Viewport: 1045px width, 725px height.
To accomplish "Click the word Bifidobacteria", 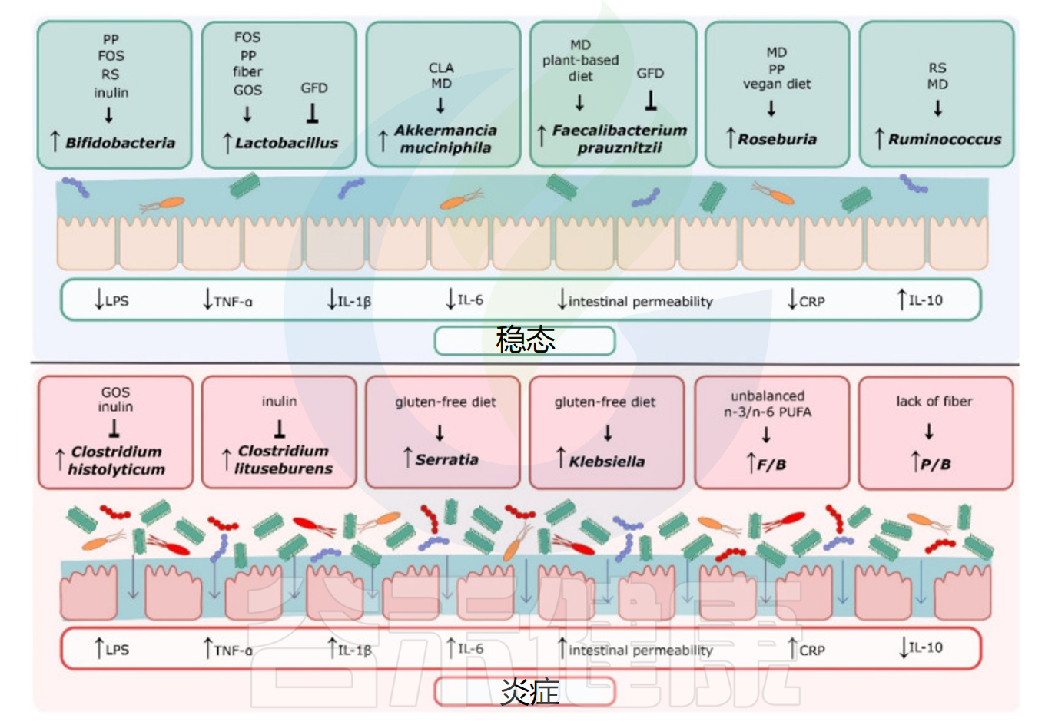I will tap(120, 143).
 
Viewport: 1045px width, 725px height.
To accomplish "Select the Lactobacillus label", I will tap(286, 143).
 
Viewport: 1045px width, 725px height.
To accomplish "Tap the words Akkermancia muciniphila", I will tap(445, 139).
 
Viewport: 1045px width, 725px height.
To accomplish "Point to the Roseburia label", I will tap(777, 139).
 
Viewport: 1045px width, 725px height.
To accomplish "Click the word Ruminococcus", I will tap(944, 139).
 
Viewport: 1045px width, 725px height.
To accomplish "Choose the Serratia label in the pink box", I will tap(446, 459).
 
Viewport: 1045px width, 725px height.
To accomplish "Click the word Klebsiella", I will tap(606, 461).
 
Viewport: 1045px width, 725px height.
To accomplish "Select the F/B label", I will tap(771, 464).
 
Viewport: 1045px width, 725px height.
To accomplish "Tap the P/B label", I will tap(935, 464).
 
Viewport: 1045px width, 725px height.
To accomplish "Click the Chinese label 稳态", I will tap(526, 339).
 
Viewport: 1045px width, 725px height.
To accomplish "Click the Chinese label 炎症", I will tap(529, 691).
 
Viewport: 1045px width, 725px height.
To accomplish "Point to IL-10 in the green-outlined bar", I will tap(925, 300).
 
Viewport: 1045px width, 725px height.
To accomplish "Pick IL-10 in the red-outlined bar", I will tap(925, 647).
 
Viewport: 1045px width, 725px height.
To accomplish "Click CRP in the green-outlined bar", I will tap(811, 302).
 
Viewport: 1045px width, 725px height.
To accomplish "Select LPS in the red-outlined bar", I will tap(117, 650).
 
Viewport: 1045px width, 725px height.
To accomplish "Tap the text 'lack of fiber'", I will tap(934, 401).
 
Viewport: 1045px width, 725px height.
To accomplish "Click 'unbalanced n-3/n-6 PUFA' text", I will tap(768, 404).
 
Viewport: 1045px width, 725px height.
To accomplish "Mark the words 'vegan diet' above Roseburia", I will tap(777, 84).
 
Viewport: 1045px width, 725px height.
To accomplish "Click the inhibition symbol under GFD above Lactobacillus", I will tap(313, 114).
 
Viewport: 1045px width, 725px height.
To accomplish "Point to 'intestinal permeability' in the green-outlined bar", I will tap(640, 302).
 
